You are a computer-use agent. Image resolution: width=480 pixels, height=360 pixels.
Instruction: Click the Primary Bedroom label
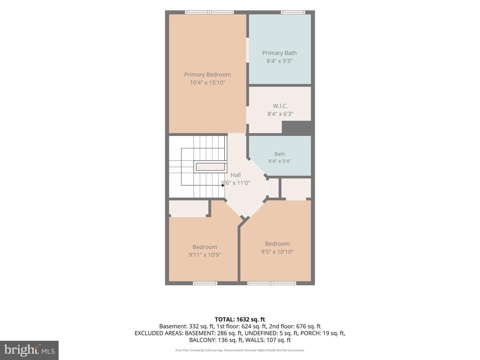(x=207, y=75)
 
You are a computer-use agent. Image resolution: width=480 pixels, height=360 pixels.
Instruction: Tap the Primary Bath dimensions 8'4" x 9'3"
(x=279, y=61)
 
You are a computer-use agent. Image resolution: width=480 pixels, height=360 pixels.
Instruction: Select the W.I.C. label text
(x=280, y=106)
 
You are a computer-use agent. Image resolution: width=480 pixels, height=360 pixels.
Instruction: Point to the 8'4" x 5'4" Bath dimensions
(x=279, y=161)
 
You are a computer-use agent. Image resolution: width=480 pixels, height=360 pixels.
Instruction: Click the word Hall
(x=236, y=175)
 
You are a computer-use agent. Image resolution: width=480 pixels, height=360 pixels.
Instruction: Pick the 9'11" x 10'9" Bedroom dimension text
(x=205, y=255)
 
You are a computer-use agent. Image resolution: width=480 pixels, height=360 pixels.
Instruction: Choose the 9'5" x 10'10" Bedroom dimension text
(x=277, y=252)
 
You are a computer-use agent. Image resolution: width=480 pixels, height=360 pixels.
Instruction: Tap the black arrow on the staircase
(x=223, y=185)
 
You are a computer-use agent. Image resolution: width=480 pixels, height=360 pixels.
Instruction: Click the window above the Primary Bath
(x=293, y=12)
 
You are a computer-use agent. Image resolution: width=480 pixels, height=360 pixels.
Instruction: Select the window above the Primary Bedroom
(x=209, y=12)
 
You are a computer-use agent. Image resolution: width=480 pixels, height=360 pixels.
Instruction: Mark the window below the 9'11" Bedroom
(x=205, y=283)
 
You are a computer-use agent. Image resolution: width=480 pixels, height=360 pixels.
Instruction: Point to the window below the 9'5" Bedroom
(x=272, y=283)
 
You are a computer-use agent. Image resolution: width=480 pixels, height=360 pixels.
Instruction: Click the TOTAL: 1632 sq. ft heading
(x=240, y=319)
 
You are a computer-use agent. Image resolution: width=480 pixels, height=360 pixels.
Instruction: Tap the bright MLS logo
(x=29, y=350)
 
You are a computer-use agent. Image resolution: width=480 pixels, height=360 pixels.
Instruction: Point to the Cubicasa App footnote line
(x=240, y=350)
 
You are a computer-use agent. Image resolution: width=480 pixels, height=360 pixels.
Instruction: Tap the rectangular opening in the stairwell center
(x=210, y=167)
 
